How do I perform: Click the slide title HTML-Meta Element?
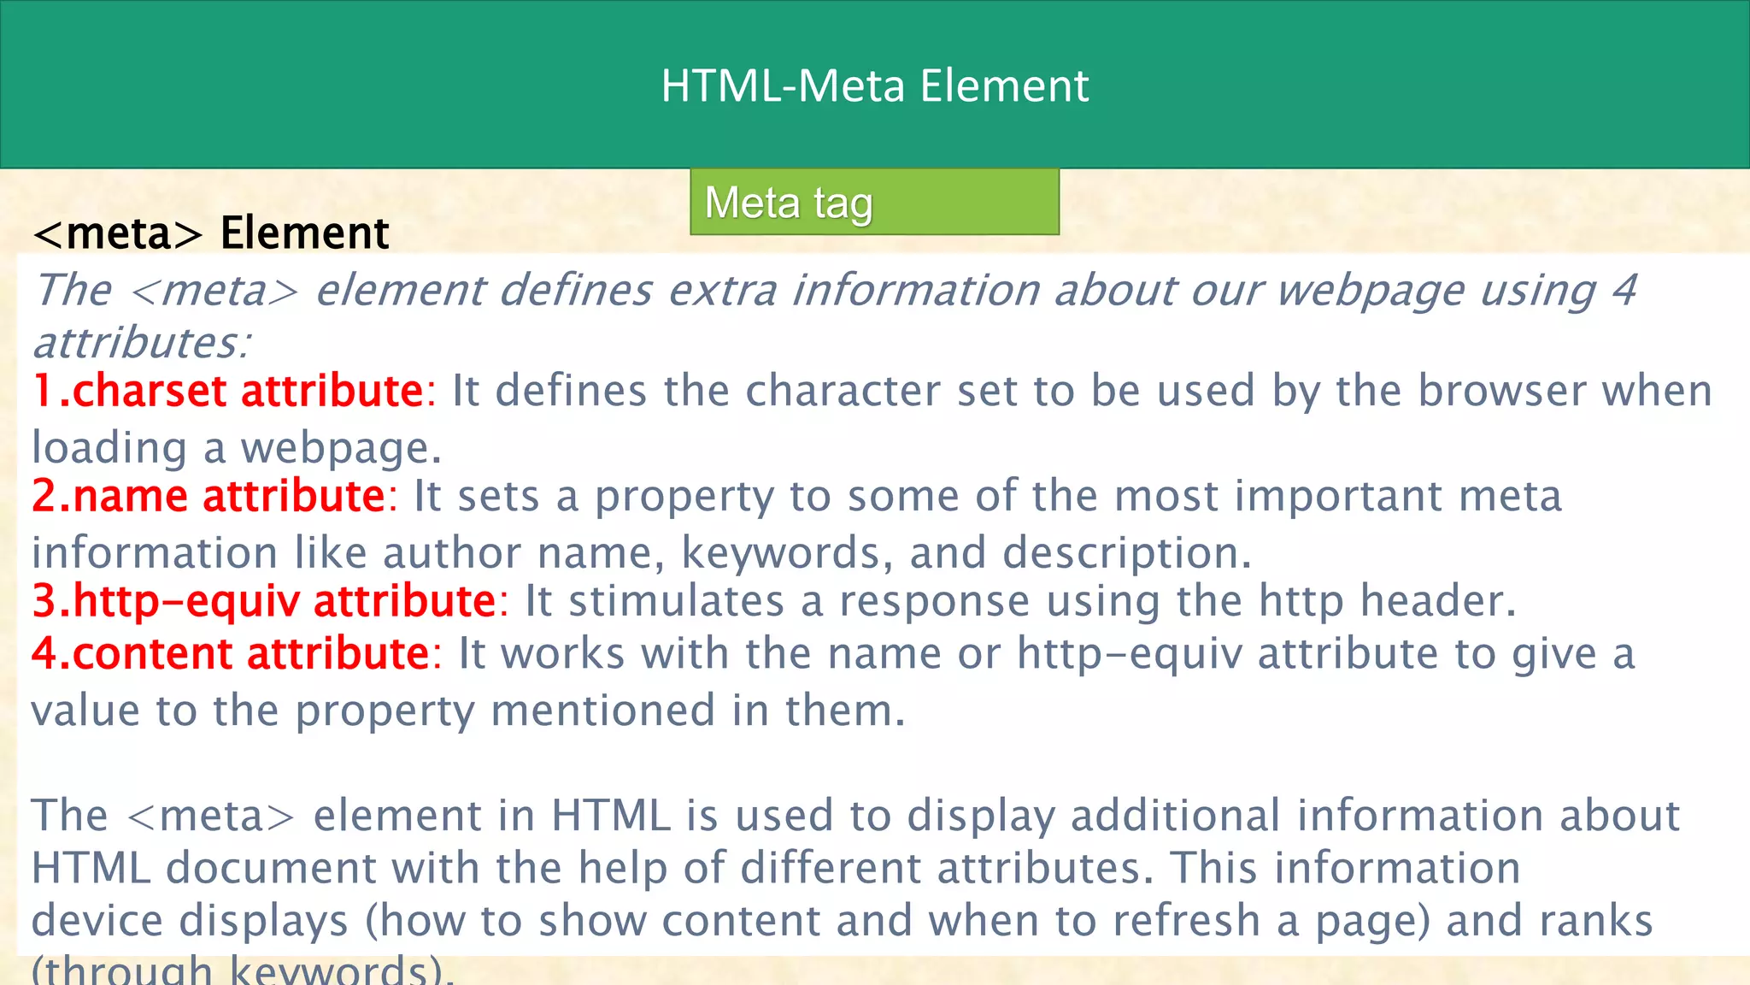tap(874, 86)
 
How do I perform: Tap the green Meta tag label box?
tap(874, 203)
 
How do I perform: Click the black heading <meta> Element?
tap(211, 233)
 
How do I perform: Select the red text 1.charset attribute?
tap(228, 391)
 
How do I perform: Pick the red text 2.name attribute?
tap(209, 496)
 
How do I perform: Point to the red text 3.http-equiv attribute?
tap(264, 600)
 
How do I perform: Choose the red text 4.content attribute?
tap(231, 654)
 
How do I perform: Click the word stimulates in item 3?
tap(676, 600)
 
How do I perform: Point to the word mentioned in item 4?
tap(603, 711)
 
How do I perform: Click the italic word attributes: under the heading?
tap(142, 343)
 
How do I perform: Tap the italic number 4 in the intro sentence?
tap(1624, 290)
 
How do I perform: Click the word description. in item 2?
tap(1126, 552)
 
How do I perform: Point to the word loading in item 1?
tap(109, 448)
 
